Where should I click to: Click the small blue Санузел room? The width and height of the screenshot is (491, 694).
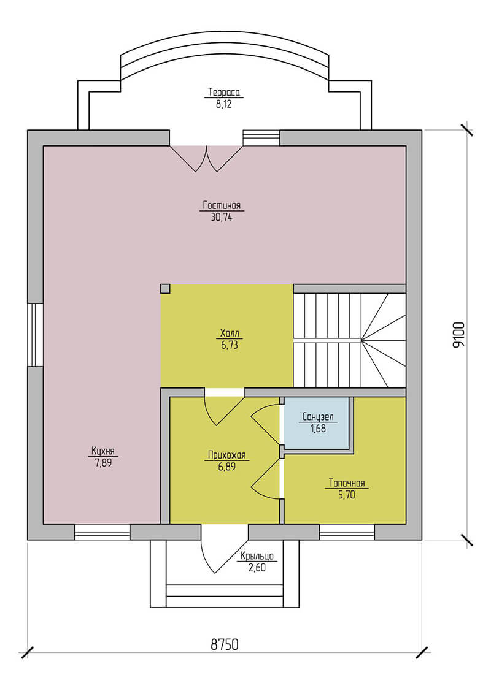click(317, 424)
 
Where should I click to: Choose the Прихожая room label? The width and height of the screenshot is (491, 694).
click(226, 455)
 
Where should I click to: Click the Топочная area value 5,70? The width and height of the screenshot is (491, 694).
click(345, 494)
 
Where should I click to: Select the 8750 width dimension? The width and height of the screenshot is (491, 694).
click(224, 644)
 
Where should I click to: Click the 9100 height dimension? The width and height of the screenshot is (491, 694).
click(458, 335)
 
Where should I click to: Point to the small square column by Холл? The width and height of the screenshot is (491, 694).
click(165, 289)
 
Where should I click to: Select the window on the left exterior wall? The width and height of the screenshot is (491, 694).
click(35, 335)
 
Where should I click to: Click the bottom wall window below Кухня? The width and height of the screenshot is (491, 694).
click(102, 532)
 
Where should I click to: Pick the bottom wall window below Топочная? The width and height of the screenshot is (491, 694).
click(347, 532)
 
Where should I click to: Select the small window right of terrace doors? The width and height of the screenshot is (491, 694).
click(261, 137)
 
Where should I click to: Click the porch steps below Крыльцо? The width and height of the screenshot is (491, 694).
click(224, 594)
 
